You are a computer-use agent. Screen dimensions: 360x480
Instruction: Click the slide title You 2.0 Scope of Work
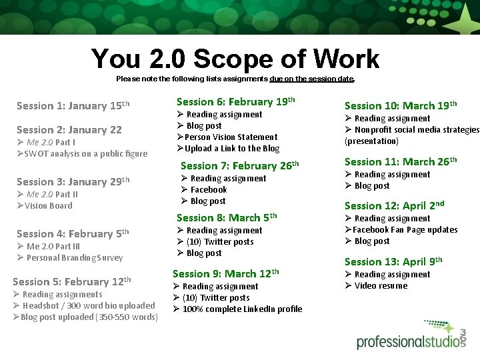(x=235, y=59)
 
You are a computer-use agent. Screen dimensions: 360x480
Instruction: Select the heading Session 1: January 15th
(x=73, y=105)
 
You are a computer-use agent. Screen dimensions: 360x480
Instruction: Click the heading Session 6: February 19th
(x=235, y=102)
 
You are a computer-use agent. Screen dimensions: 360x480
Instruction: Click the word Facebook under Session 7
(x=209, y=190)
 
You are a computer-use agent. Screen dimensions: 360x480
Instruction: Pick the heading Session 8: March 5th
(x=226, y=217)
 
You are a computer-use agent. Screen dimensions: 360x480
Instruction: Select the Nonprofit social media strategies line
(x=417, y=130)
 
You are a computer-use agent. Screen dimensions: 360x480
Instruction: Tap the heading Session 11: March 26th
(x=400, y=161)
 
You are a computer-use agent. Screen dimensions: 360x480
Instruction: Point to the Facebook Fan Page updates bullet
(x=405, y=230)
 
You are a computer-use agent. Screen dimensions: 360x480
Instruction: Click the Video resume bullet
(x=381, y=286)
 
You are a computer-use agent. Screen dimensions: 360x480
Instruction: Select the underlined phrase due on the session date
(x=312, y=79)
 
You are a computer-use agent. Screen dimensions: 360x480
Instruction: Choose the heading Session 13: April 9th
(x=393, y=261)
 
